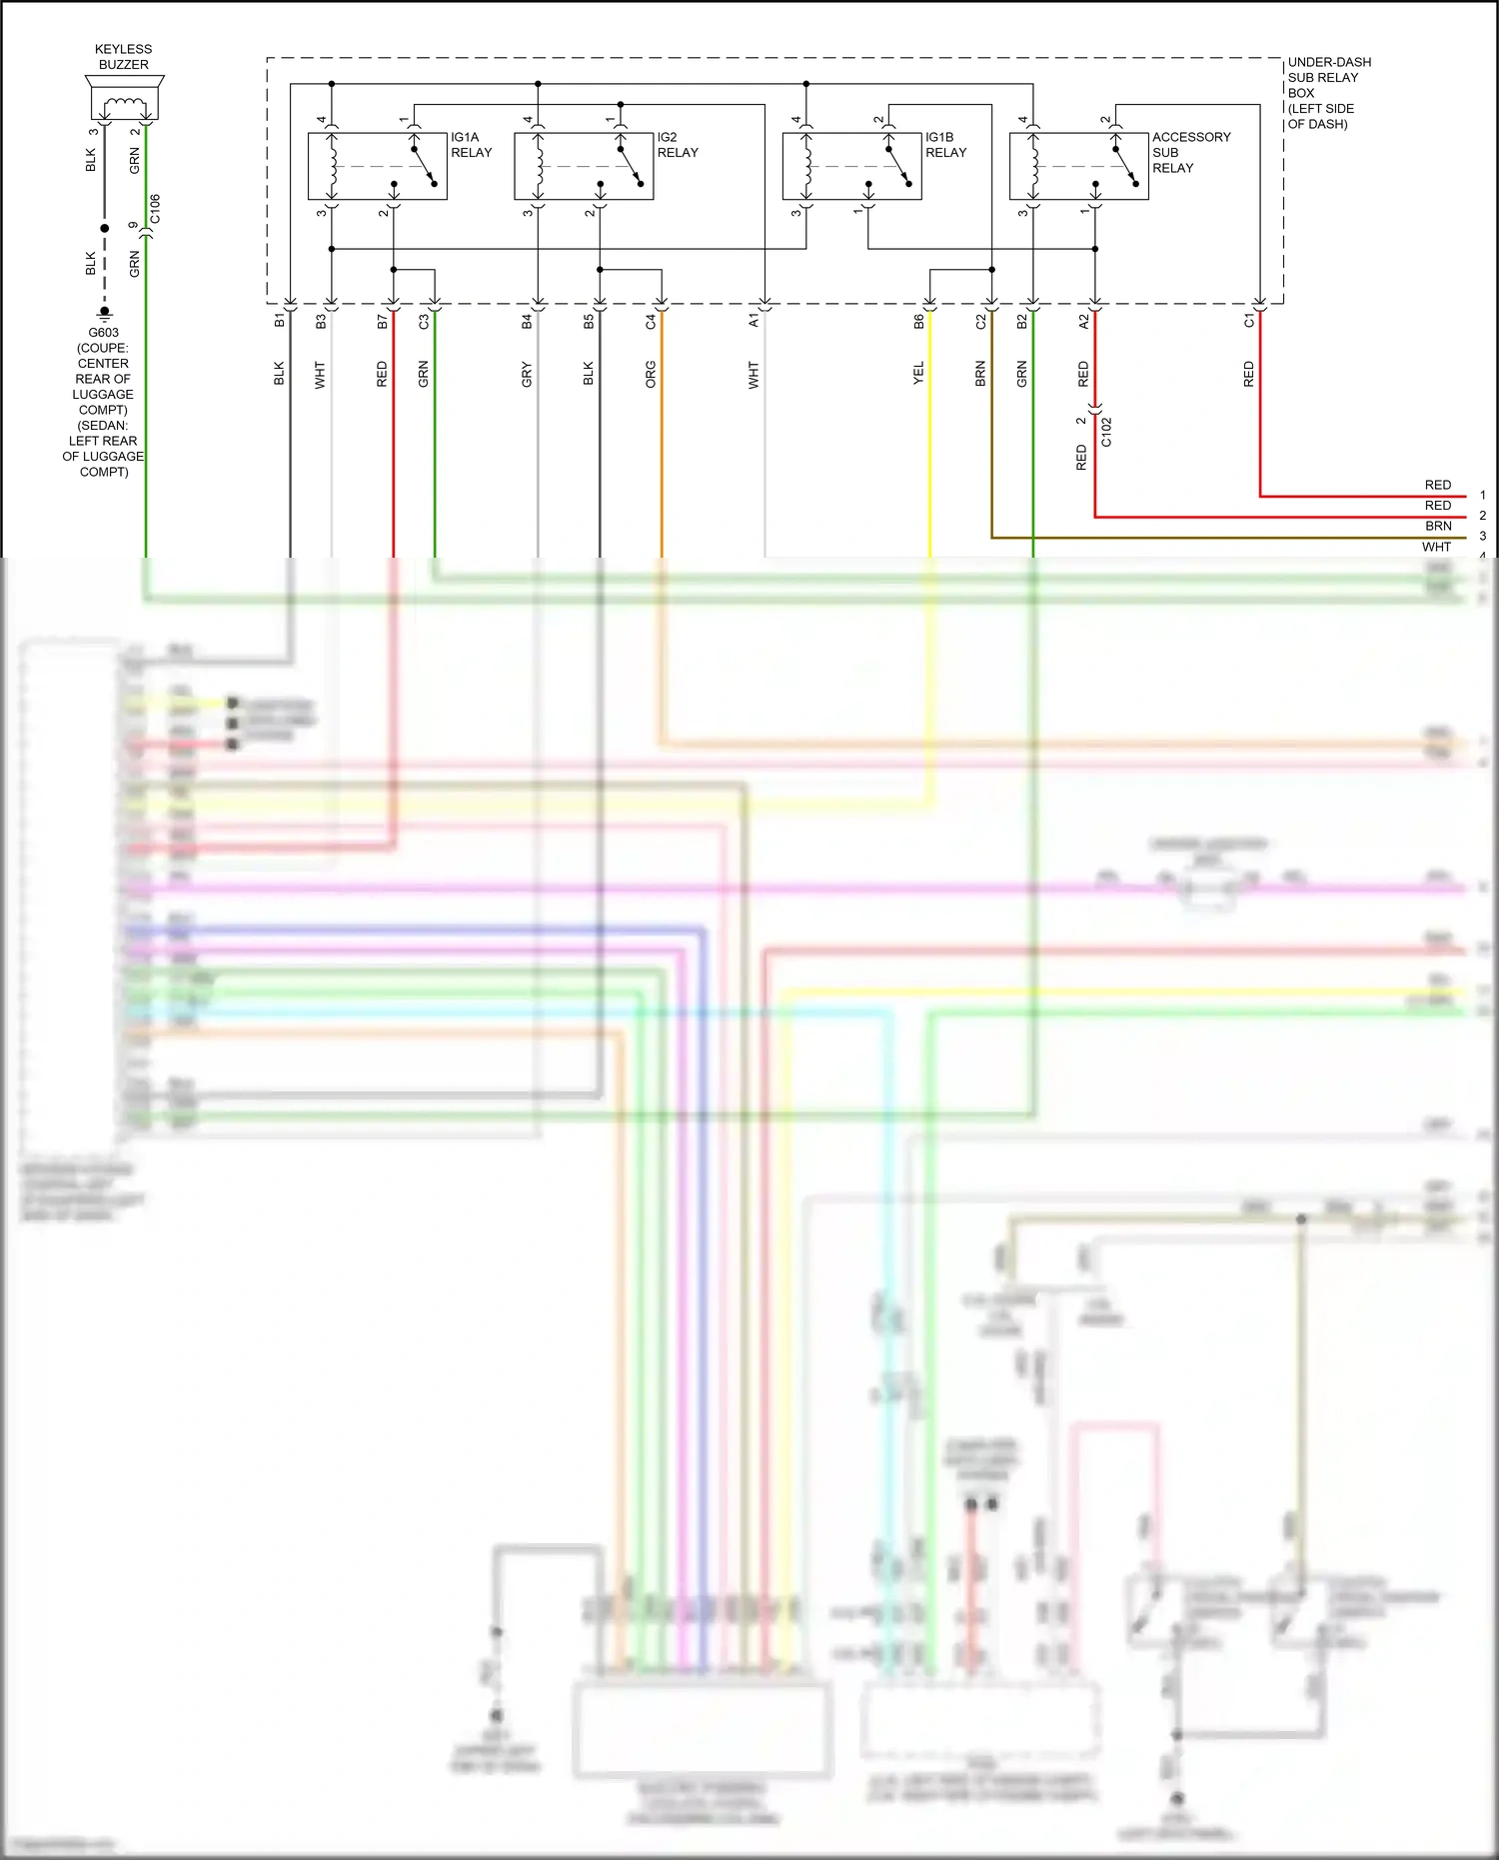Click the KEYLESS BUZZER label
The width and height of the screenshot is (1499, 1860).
[x=123, y=57]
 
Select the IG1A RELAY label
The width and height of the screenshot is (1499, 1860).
[x=471, y=145]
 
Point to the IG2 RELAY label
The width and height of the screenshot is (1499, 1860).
[x=678, y=145]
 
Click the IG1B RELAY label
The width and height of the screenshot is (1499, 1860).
[x=945, y=145]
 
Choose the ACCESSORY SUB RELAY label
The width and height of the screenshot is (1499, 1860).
[x=1191, y=152]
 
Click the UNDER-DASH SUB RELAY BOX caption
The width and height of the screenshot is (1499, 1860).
[x=1328, y=93]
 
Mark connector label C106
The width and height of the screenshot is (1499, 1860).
[x=155, y=209]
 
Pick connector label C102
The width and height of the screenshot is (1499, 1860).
[x=1106, y=432]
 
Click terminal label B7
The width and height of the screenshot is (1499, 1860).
[x=382, y=322]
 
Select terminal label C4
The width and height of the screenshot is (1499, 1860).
[x=651, y=322]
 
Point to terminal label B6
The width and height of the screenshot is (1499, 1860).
[x=918, y=322]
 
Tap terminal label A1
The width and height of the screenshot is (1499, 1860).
[x=753, y=322]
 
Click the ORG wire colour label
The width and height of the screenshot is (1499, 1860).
[x=651, y=375]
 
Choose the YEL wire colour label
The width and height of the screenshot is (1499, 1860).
[x=918, y=375]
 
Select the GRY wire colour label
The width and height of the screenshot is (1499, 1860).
[x=527, y=375]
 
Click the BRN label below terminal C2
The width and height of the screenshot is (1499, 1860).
[x=980, y=375]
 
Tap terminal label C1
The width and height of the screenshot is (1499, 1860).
[x=1248, y=322]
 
